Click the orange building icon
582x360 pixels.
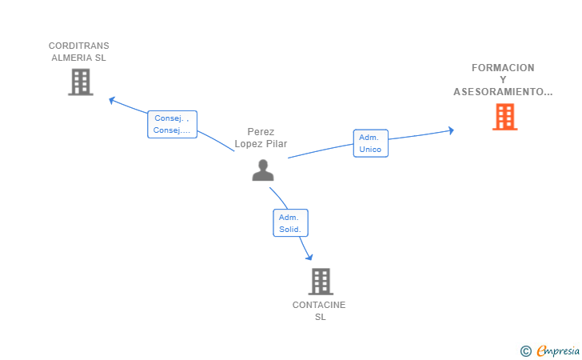coord(504,117)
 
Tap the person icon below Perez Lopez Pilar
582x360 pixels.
coord(263,170)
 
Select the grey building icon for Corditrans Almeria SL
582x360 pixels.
coord(81,82)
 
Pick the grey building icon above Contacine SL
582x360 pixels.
coord(321,282)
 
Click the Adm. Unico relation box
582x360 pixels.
coord(370,143)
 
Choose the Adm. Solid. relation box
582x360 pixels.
coord(290,223)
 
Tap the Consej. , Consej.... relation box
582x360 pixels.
coord(172,124)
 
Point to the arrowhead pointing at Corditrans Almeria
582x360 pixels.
coord(112,100)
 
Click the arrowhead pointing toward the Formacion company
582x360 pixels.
coord(451,130)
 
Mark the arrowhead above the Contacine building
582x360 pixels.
coord(309,257)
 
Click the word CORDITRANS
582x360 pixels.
coord(78,46)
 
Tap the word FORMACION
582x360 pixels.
coord(503,68)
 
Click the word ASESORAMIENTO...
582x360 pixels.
coord(500,92)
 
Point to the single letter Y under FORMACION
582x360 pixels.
coord(503,80)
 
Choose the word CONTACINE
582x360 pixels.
coord(319,305)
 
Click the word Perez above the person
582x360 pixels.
coord(261,131)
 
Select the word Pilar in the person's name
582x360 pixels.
coord(277,144)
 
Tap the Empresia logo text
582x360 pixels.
coord(558,350)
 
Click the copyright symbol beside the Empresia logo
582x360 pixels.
coord(525,351)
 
